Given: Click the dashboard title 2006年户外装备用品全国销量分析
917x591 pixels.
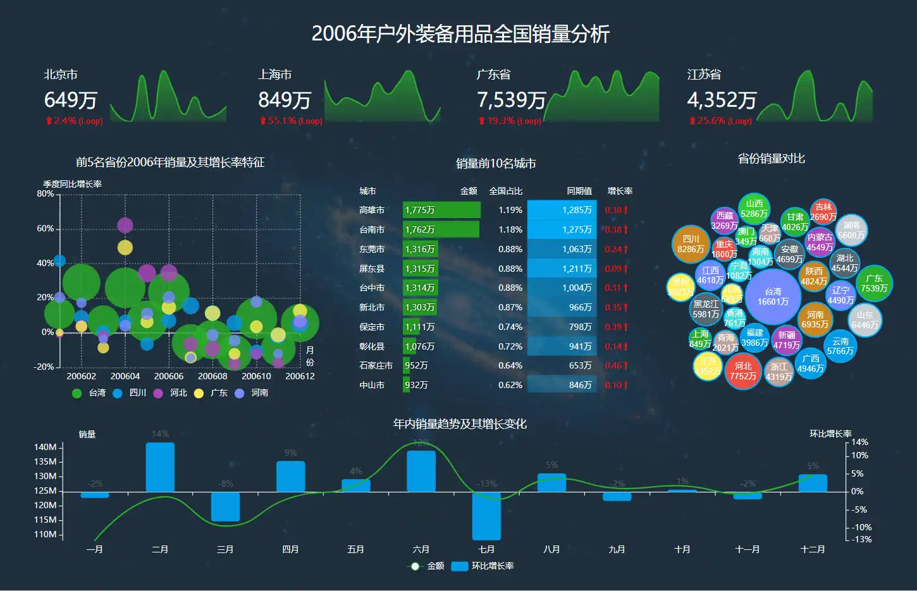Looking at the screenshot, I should click(460, 34).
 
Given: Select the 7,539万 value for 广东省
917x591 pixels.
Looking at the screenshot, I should click(511, 100).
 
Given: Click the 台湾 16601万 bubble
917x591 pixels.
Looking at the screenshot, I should click(773, 296).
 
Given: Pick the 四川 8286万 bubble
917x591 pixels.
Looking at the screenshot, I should click(691, 244).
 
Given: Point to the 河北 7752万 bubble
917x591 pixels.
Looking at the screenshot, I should click(743, 371).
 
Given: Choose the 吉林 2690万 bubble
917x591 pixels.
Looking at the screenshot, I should click(823, 212).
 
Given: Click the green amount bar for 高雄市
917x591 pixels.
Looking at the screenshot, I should click(441, 210).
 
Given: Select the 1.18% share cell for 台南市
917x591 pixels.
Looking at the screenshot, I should click(510, 229).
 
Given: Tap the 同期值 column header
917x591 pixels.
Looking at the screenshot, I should click(579, 191).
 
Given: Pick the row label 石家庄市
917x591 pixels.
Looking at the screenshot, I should click(376, 365).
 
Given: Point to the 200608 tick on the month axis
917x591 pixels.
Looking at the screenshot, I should click(212, 376).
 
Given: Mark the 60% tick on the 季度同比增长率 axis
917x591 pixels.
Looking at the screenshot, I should click(46, 228).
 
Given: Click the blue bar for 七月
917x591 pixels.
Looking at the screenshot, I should click(486, 516).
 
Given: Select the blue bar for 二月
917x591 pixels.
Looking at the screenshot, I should click(160, 467).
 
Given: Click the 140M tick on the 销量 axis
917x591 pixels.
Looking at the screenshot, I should click(46, 447).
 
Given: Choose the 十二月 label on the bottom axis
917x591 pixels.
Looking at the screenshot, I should click(813, 549).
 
